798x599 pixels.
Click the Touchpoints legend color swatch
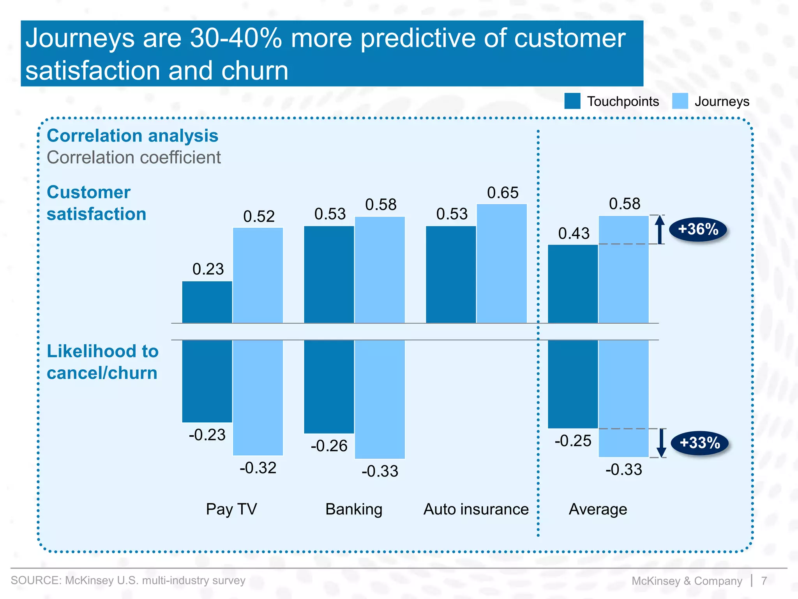pos(572,101)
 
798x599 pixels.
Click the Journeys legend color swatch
pos(680,101)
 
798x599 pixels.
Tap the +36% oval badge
pos(698,229)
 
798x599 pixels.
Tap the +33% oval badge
pos(699,443)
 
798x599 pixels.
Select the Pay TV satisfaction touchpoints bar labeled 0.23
pos(207,302)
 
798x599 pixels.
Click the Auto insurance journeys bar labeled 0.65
pos(501,264)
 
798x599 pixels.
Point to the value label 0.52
pos(259,216)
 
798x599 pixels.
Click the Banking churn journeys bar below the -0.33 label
pos(380,399)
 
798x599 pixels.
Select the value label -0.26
pos(329,446)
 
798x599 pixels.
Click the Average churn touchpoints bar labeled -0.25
pos(572,384)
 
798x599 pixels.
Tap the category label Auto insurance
pos(476,509)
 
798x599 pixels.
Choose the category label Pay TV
pos(231,509)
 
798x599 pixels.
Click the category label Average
pos(598,509)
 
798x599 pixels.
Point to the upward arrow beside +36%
pos(659,229)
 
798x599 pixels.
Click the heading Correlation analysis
pos(132,136)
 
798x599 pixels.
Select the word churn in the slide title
pos(255,71)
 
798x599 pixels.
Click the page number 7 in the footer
pos(764,581)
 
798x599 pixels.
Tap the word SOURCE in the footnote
pos(35,580)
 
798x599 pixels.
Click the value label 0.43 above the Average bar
pos(574,234)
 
